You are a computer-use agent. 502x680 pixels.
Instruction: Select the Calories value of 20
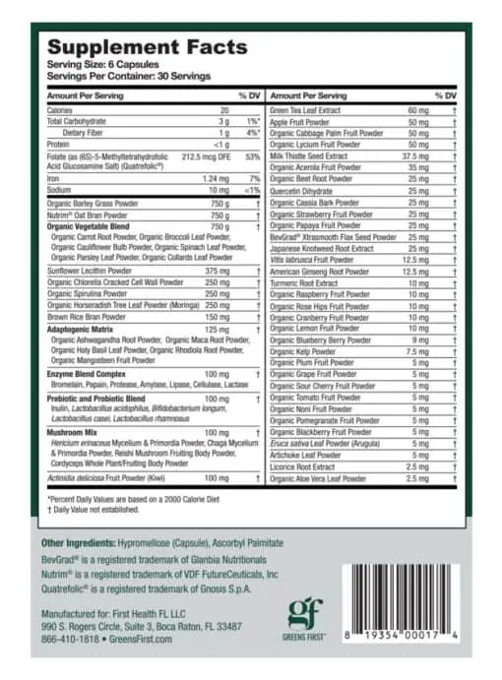pos(224,110)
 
